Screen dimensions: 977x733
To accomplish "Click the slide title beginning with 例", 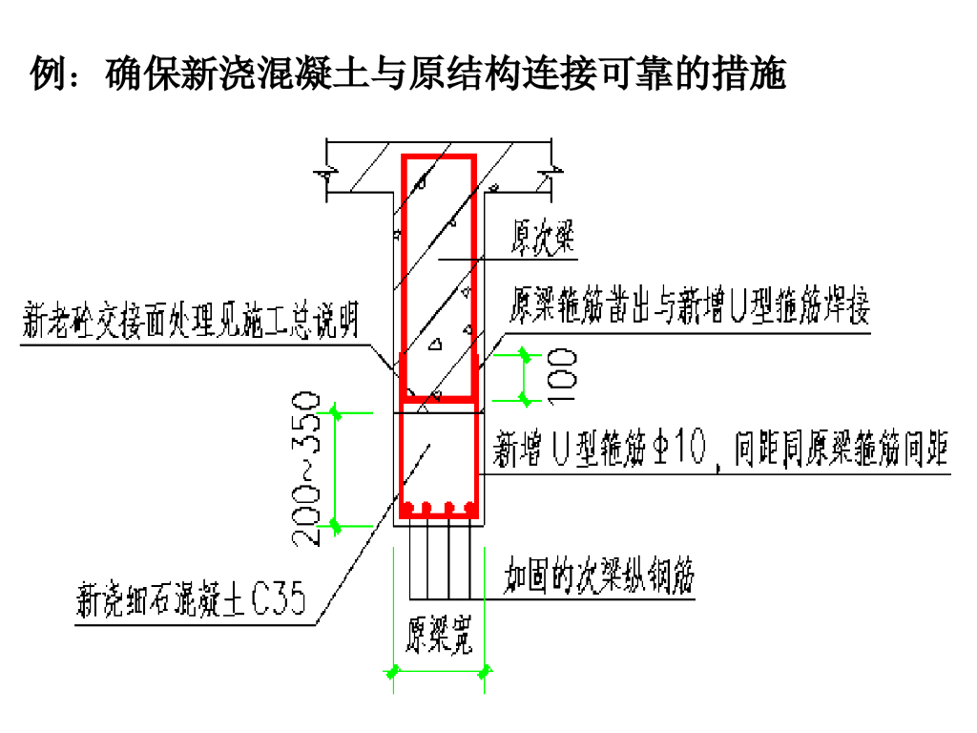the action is coord(408,73).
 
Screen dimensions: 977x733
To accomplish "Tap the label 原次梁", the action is coord(544,236).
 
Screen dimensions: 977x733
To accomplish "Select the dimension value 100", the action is coord(563,374).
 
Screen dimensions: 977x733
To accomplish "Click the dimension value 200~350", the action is coord(306,468).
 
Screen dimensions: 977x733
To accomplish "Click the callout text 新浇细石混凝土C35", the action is coord(191,601).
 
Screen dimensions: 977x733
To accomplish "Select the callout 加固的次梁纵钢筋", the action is coord(599,576).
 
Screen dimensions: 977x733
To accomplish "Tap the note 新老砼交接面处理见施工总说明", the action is coord(191,321).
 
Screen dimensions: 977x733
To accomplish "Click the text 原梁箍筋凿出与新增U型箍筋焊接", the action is coord(691,307).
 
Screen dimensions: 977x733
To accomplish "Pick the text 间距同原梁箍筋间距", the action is coord(842,449).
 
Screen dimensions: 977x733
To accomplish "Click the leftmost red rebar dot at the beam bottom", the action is coord(408,506).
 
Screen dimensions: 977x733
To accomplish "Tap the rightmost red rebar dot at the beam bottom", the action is coord(469,506).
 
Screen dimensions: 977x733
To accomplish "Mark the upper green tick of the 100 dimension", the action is coord(525,354).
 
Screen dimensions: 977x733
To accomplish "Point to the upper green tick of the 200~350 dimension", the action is coord(335,412).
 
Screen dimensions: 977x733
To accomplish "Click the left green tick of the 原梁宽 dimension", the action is coord(392,671).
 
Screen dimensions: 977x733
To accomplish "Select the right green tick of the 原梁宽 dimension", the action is coord(485,671).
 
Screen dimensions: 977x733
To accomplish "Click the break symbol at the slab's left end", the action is coord(326,177).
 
